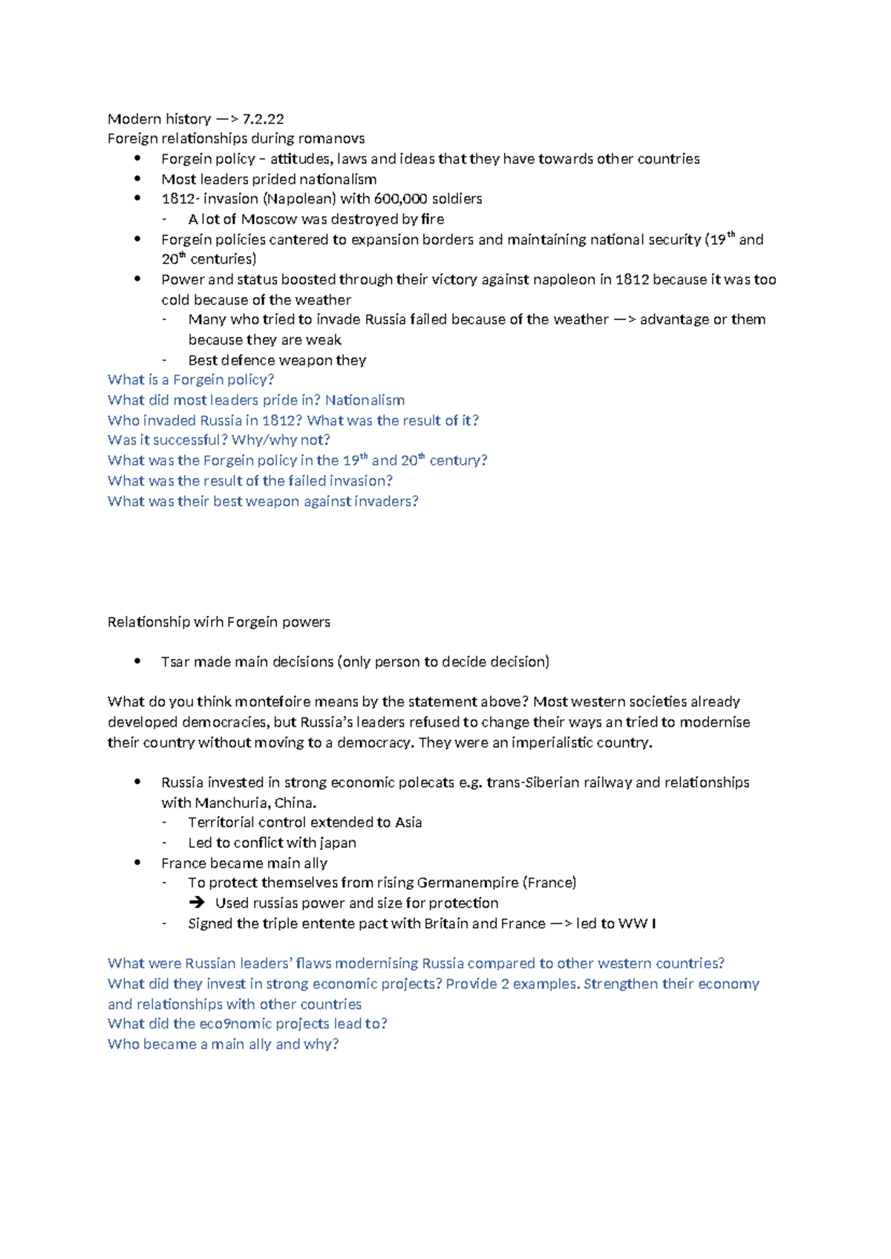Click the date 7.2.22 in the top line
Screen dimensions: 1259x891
click(263, 119)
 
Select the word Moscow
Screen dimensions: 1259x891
click(269, 219)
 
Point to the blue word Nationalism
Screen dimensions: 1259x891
click(365, 400)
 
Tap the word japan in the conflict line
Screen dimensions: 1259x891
click(338, 843)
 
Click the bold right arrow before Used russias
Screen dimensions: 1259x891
click(197, 903)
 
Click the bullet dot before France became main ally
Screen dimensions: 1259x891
click(137, 863)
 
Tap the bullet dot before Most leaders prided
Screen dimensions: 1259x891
click(137, 179)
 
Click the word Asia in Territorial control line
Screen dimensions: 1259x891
click(408, 823)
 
